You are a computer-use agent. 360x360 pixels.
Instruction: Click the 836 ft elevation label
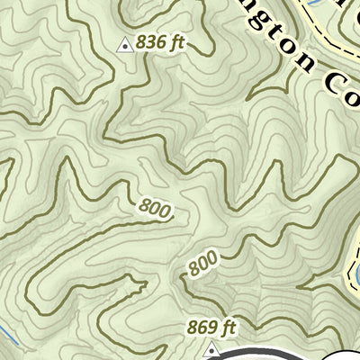click(161, 42)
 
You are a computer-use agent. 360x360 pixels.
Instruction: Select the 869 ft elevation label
click(211, 327)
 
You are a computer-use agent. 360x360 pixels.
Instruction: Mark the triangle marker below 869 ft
click(211, 346)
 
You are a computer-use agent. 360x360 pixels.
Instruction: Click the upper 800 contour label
click(156, 209)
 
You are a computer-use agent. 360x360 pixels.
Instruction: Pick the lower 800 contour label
click(203, 264)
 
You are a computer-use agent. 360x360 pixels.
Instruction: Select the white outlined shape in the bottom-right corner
click(346, 354)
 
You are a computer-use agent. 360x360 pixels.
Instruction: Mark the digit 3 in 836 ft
click(150, 42)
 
